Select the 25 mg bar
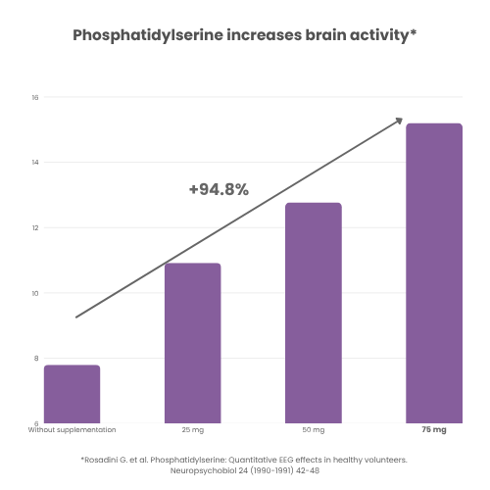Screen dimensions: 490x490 [192, 343]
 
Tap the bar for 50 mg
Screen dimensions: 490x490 [313, 313]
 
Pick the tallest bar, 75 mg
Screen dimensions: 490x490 [433, 273]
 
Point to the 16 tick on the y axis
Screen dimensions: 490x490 [34, 97]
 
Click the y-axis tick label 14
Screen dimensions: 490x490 [34, 163]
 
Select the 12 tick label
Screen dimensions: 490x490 [34, 228]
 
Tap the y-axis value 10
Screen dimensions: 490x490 [34, 293]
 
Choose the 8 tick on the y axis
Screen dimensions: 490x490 [35, 359]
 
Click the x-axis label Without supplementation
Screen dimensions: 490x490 [72, 430]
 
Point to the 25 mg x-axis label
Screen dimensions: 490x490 [192, 430]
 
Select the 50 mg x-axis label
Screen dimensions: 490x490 [313, 430]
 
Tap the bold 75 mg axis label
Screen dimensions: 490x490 [433, 430]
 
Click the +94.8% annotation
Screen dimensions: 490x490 [219, 189]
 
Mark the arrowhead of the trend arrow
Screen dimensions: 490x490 [399, 121]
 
